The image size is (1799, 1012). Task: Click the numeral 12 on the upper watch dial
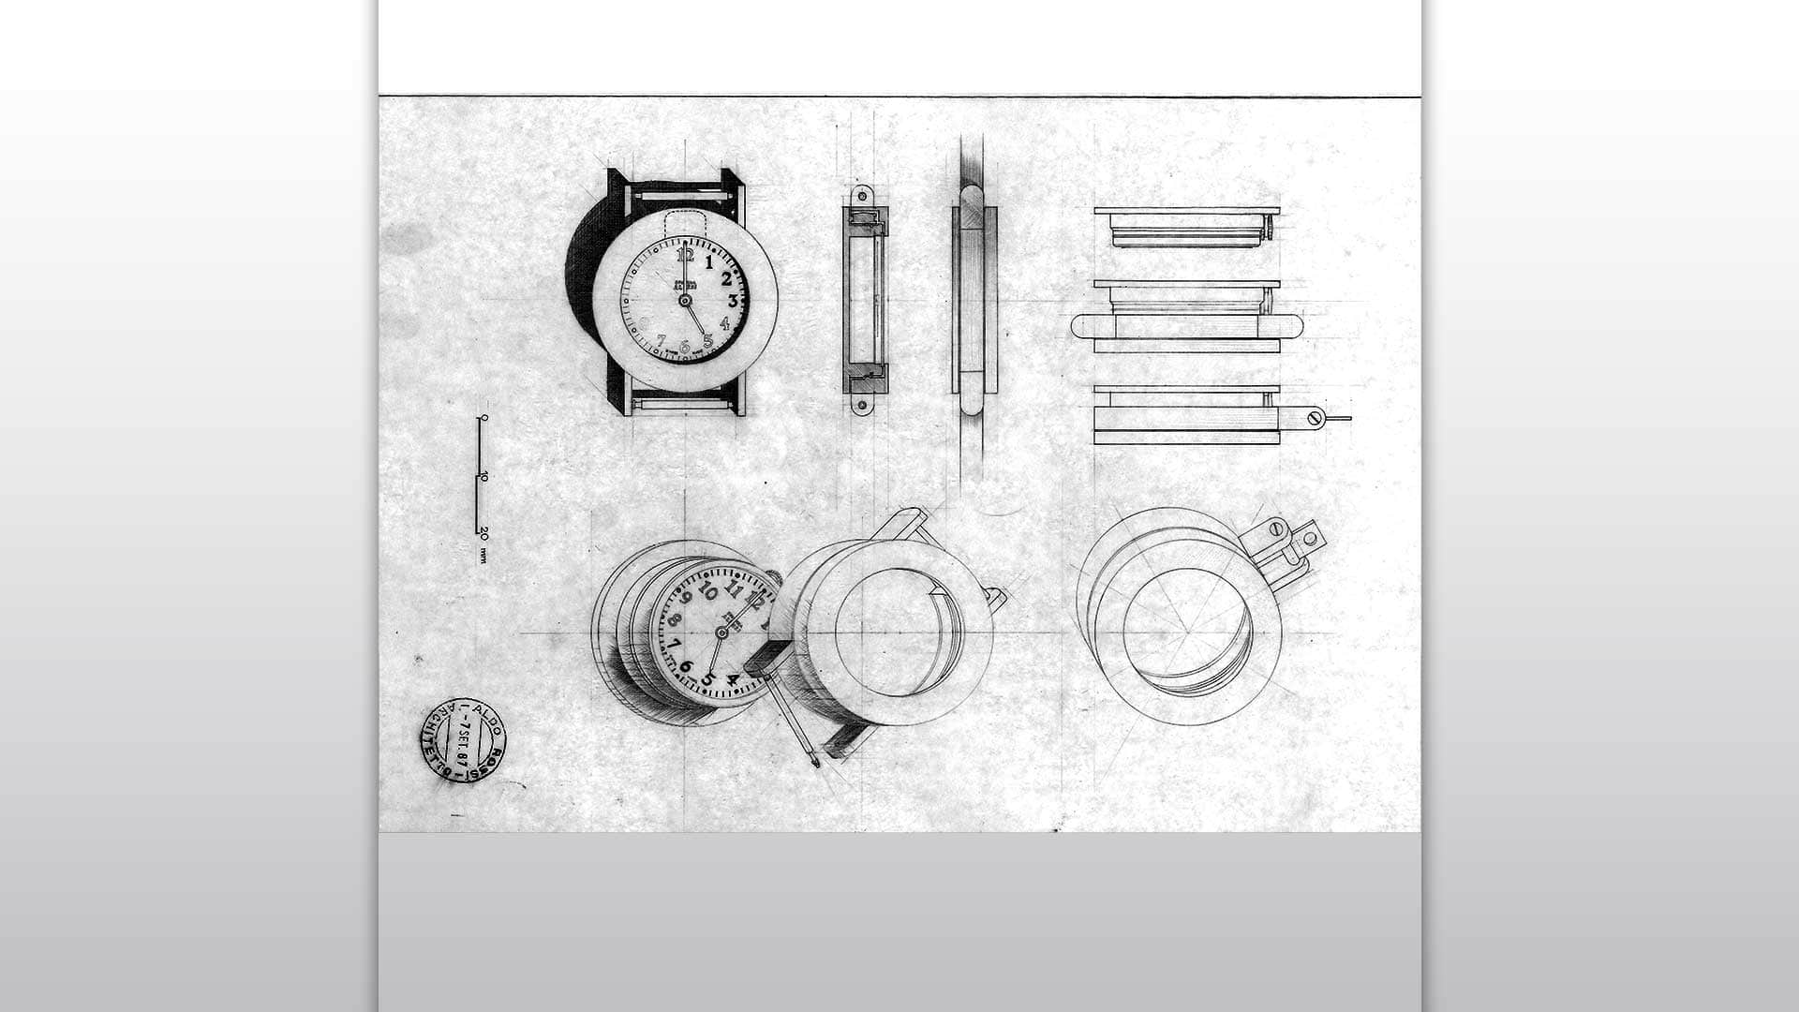coord(685,255)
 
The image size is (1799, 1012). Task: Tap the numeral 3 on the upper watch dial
coord(733,301)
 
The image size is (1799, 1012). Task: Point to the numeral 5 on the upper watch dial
coord(708,341)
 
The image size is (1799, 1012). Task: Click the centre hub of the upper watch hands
coord(684,300)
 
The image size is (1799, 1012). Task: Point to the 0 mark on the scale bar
coord(483,417)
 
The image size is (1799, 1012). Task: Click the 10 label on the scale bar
coord(483,477)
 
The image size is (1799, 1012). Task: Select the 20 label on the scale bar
coord(483,532)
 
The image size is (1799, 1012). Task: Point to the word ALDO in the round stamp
coord(489,718)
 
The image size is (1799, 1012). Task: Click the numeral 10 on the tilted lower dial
coord(708,593)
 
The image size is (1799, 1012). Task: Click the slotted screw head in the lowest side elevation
coord(1315,418)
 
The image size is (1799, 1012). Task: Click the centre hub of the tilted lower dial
coord(721,633)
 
